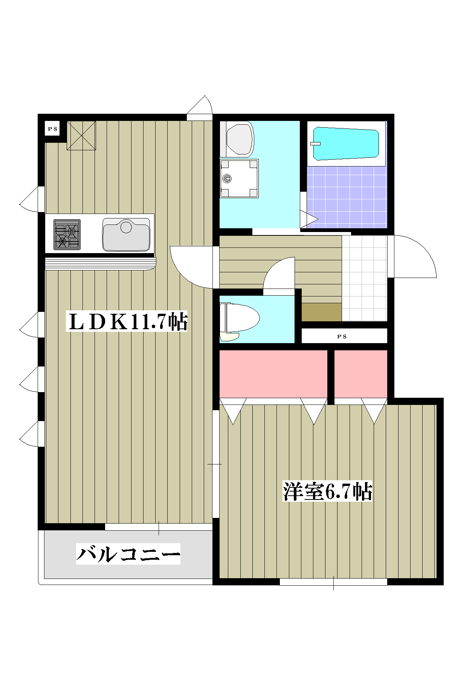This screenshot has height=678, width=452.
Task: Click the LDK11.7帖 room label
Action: [x=127, y=322]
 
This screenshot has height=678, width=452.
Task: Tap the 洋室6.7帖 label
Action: [x=327, y=491]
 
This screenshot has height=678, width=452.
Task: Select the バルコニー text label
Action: [x=128, y=554]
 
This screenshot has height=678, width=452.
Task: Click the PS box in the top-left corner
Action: [x=52, y=129]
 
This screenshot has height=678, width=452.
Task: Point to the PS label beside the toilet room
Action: [x=342, y=336]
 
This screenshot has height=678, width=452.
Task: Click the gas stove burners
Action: [x=67, y=235]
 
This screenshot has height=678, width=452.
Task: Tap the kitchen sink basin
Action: [x=126, y=234]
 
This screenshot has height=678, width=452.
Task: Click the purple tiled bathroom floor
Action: [x=347, y=197]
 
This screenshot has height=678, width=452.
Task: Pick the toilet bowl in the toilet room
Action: [x=240, y=318]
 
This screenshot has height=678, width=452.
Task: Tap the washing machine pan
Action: [x=239, y=179]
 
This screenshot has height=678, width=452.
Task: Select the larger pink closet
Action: [x=273, y=374]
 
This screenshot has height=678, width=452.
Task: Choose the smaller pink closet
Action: [x=361, y=374]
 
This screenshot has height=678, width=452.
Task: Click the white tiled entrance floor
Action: [x=364, y=278]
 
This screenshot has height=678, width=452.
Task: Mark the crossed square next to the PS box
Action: [x=81, y=136]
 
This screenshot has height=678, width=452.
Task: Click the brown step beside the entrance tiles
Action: [x=322, y=312]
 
